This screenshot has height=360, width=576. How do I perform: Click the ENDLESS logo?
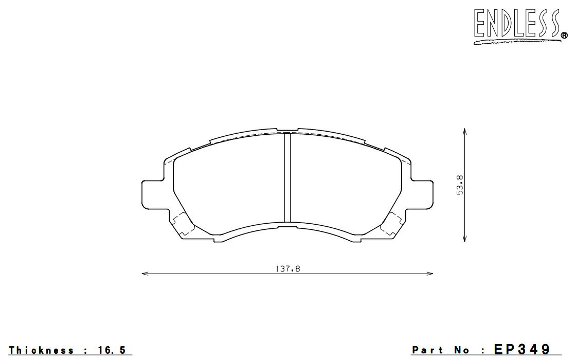coord(520,26)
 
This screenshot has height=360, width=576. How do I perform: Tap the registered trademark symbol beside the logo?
coord(564,35)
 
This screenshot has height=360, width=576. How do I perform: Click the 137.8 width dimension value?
coord(287,269)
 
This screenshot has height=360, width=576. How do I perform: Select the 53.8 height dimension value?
coord(460,185)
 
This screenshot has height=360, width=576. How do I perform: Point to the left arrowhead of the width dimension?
coord(145,273)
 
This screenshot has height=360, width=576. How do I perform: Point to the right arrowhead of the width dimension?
coord(430,273)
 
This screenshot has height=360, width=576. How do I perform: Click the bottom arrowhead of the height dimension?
coord(465,239)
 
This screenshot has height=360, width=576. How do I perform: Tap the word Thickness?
coord(41,350)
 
